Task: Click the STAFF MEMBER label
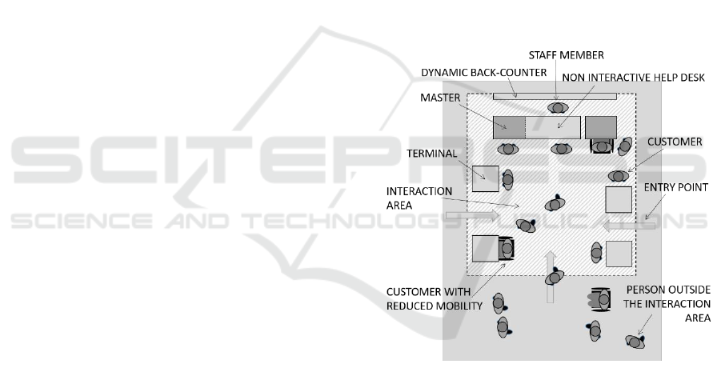click(x=567, y=54)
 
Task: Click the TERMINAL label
click(x=433, y=152)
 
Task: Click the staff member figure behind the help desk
click(x=557, y=107)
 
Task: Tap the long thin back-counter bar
click(x=554, y=96)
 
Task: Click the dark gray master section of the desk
click(x=509, y=126)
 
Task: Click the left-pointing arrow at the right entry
click(x=631, y=226)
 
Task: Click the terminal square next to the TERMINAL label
click(x=484, y=178)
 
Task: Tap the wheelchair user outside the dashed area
click(x=601, y=299)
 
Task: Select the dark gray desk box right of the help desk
click(x=601, y=126)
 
